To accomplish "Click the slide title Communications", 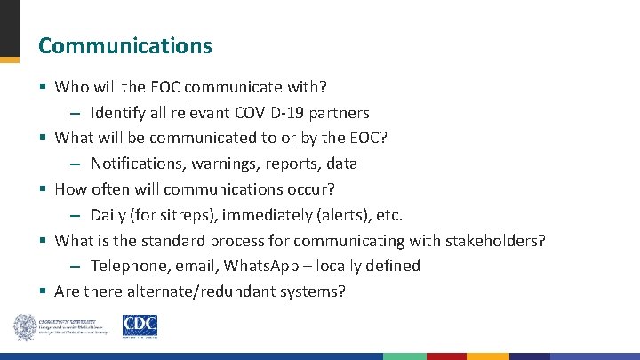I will click(125, 45).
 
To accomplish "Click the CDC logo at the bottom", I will click(140, 326).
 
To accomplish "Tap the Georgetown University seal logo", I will click(24, 327).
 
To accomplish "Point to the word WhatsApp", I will click(260, 266).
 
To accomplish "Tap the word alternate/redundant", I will click(200, 292).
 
